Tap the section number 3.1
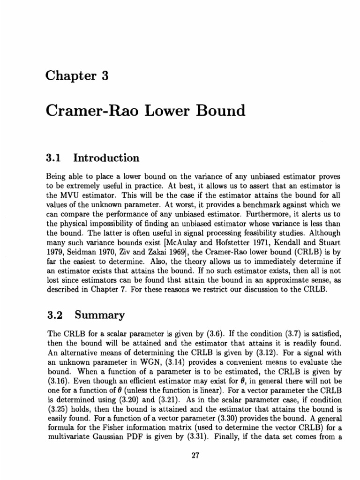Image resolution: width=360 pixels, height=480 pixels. [x=55, y=158]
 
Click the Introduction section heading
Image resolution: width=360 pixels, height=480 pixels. [x=106, y=158]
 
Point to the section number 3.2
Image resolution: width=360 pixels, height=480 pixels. [x=55, y=315]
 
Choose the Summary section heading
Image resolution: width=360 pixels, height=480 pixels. [x=99, y=315]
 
